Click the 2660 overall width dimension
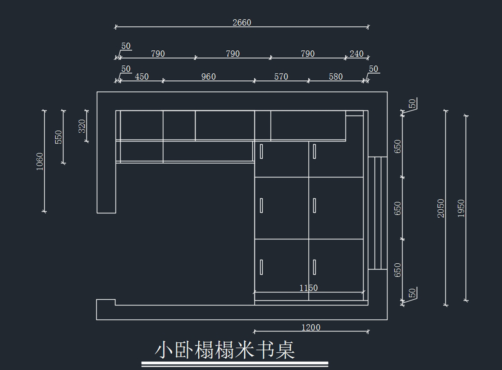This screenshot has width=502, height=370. pos(242,23)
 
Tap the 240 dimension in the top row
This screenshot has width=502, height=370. pos(356,54)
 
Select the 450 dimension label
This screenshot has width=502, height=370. pos(142,77)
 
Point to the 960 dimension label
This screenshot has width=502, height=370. pos(208,77)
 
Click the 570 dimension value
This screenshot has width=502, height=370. pos(281,77)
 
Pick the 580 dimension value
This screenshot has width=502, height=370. pos(336,77)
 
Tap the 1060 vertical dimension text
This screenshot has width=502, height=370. pos(40,162)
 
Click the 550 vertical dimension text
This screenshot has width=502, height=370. pos(58,137)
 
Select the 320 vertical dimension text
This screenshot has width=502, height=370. pos(82,126)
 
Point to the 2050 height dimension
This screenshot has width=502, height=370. pos(441,208)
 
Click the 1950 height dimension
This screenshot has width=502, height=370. pos(461,208)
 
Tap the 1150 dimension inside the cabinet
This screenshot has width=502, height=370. pos(309,288)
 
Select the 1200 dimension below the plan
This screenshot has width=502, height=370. pos(311,328)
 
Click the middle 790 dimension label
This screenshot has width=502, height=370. pos(233,54)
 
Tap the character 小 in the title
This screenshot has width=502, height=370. pos(164,350)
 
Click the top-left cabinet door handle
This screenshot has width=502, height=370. pos(261,152)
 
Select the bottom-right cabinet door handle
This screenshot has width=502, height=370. pos(315,267)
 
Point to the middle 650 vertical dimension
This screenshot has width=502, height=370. pos(397,208)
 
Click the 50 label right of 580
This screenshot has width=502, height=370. pos(373,69)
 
